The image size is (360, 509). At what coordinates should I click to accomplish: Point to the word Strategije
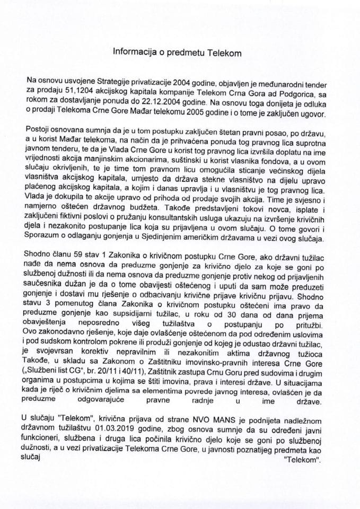113,80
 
